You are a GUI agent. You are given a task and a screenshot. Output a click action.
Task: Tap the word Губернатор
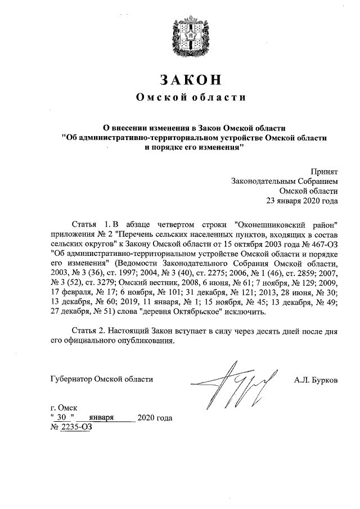click(70, 380)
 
